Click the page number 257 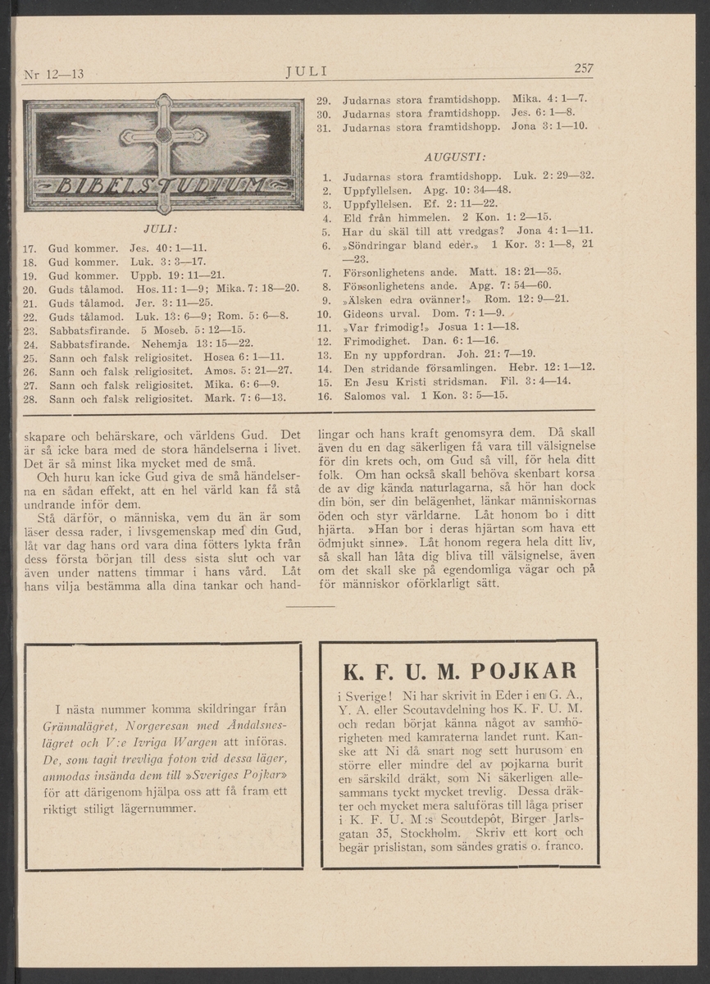point(584,68)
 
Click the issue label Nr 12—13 point(54,75)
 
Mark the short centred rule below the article point(312,606)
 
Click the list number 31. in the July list point(323,127)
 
